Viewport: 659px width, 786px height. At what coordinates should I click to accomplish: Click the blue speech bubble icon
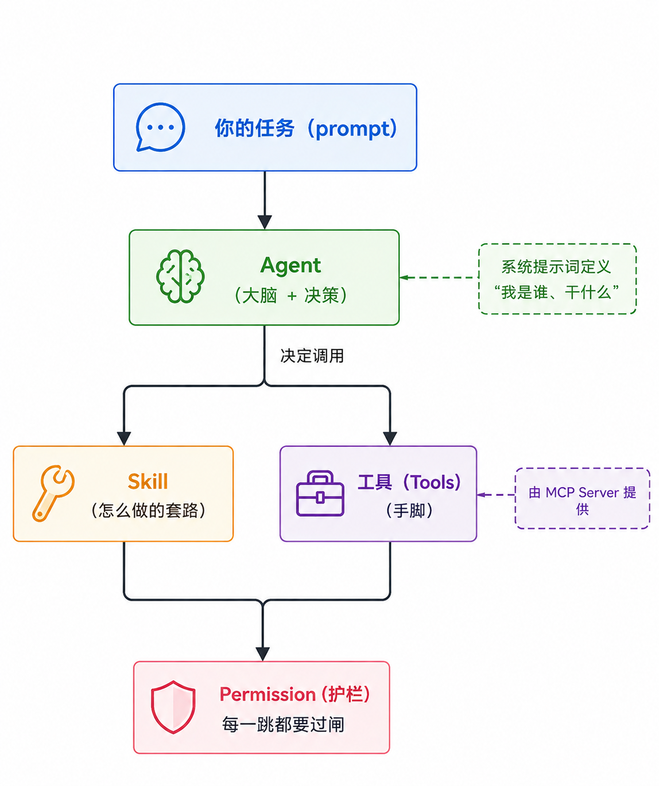pyautogui.click(x=160, y=127)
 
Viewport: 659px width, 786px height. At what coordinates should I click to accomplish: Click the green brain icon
pyautogui.click(x=180, y=276)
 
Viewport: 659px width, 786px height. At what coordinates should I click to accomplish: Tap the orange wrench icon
pyautogui.click(x=53, y=493)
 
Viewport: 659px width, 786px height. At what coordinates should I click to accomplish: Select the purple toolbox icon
pyautogui.click(x=320, y=493)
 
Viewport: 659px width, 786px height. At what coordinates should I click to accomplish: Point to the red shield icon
pyautogui.click(x=173, y=707)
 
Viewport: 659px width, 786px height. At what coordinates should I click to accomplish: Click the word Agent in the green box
pyautogui.click(x=290, y=266)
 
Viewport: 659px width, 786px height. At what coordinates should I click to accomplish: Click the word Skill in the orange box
pyautogui.click(x=148, y=481)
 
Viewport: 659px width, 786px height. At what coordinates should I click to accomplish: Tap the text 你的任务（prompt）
pyautogui.click(x=306, y=129)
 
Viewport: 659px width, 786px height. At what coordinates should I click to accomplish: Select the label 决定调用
pyautogui.click(x=312, y=356)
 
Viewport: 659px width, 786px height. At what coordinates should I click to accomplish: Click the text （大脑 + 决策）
pyautogui.click(x=290, y=295)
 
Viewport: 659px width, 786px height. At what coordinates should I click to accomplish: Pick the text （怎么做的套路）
pyautogui.click(x=148, y=511)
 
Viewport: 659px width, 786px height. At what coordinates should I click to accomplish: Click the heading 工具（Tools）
pyautogui.click(x=409, y=483)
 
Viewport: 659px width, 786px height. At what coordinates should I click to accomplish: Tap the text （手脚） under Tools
pyautogui.click(x=409, y=511)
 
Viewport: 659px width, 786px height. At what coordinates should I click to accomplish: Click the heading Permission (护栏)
pyautogui.click(x=294, y=694)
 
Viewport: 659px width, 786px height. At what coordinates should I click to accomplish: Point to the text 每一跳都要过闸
pyautogui.click(x=283, y=725)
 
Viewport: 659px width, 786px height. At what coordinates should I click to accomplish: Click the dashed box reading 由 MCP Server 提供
pyautogui.click(x=582, y=499)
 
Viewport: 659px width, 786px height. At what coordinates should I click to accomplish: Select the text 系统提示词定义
pyautogui.click(x=556, y=267)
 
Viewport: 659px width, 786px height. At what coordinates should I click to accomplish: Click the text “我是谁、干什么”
pyautogui.click(x=556, y=293)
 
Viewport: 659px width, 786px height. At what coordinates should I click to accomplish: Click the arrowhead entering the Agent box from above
pyautogui.click(x=265, y=222)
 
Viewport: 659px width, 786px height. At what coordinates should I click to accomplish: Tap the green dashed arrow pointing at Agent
pyautogui.click(x=439, y=278)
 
